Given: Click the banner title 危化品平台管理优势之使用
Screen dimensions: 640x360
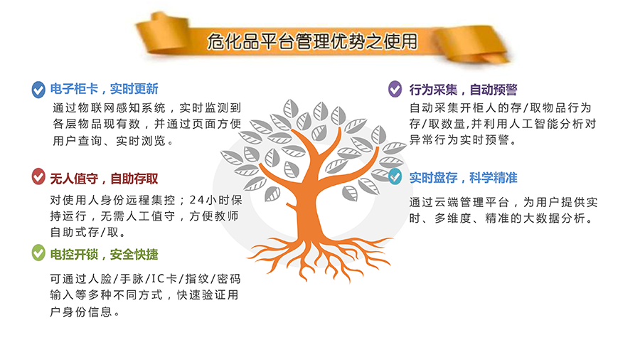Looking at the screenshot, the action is [x=312, y=41].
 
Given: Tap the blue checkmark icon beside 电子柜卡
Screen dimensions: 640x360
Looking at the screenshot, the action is [x=38, y=90].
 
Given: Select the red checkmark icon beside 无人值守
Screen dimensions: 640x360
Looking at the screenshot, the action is [x=38, y=176].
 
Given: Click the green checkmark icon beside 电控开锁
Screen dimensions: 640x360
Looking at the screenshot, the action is [x=38, y=253].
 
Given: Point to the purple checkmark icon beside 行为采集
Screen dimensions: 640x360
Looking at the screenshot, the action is [x=395, y=88].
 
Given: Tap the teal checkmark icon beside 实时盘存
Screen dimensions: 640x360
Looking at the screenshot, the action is [x=395, y=176].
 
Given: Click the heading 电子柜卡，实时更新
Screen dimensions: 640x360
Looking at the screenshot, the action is [x=104, y=89].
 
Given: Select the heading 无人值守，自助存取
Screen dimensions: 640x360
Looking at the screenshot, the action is [x=104, y=179].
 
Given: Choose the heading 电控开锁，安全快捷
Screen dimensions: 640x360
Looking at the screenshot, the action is [x=104, y=254].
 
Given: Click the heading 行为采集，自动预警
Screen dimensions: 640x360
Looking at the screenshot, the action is [x=463, y=90].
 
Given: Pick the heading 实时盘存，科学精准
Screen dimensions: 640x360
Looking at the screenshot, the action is [x=463, y=178].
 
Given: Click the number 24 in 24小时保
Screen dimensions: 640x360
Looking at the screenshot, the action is [x=197, y=200].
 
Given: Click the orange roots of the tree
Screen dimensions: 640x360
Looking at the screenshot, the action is [x=319, y=257].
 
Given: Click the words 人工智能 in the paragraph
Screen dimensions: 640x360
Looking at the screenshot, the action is [x=534, y=124].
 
